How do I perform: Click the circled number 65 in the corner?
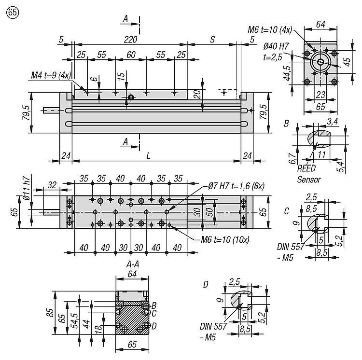click(x=8, y=13)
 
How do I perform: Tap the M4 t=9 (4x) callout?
click(x=50, y=76)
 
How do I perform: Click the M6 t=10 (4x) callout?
click(x=270, y=30)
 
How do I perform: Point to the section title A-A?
click(x=133, y=264)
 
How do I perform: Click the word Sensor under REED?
click(x=309, y=179)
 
